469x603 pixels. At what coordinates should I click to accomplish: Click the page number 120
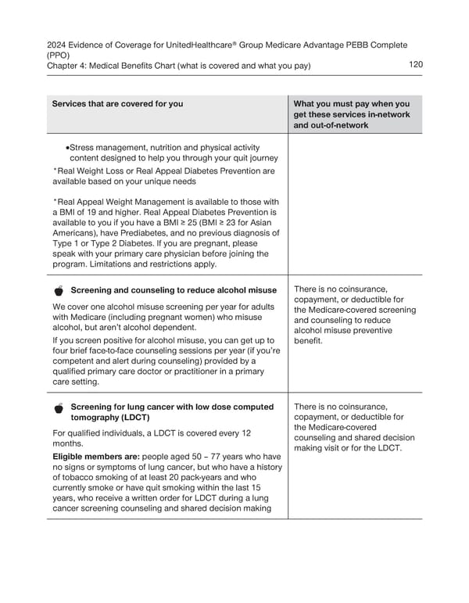[x=416, y=65]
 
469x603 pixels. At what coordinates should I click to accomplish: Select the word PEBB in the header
[x=354, y=45]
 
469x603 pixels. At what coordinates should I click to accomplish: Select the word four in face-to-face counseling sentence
[x=60, y=351]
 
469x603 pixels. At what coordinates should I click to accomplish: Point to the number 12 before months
[x=245, y=433]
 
